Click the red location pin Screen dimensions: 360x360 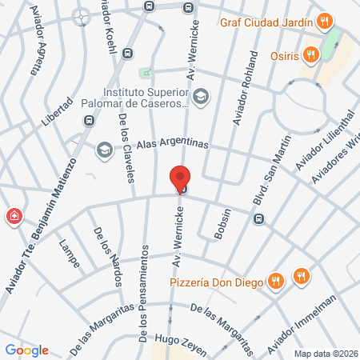180,178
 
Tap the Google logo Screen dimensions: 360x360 26,350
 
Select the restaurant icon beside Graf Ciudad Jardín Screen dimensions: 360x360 323,21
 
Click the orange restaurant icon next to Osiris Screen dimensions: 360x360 312,54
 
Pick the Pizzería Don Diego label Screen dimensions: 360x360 218,281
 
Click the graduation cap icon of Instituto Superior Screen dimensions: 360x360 201,96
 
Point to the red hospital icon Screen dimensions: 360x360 14,216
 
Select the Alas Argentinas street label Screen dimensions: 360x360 172,145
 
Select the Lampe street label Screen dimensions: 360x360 69,250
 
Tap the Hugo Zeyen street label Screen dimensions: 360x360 181,345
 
